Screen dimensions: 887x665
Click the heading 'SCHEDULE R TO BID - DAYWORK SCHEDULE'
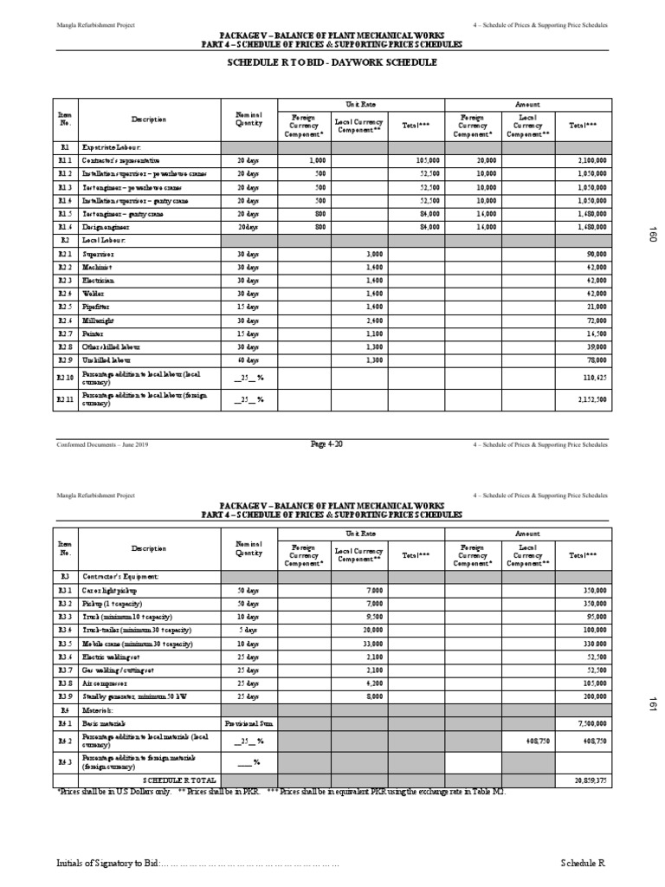[332, 62]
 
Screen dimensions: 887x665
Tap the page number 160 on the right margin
[653, 235]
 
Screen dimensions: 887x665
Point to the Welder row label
[91, 294]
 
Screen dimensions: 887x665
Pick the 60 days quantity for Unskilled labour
[249, 359]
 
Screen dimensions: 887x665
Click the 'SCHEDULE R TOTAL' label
[180, 780]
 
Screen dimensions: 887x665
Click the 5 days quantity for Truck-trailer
[249, 631]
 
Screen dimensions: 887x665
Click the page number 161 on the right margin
[653, 707]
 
